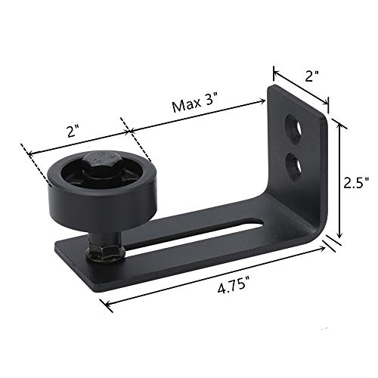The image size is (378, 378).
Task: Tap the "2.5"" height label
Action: click(355, 182)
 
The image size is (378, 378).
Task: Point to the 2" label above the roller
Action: click(73, 130)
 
